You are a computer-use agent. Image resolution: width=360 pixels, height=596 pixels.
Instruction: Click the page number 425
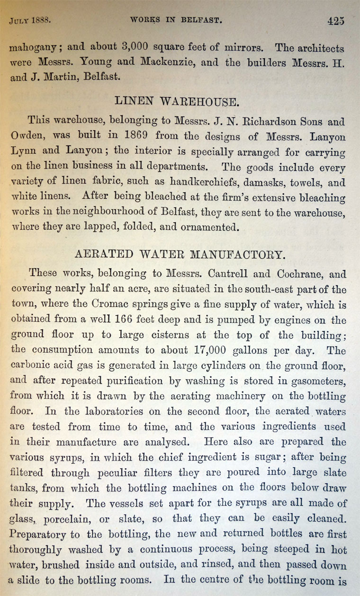[x=335, y=21]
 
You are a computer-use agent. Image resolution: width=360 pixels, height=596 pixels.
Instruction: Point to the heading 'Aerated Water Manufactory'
[x=180, y=254]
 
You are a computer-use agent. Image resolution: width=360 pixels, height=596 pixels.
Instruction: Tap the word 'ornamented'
[x=199, y=228]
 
